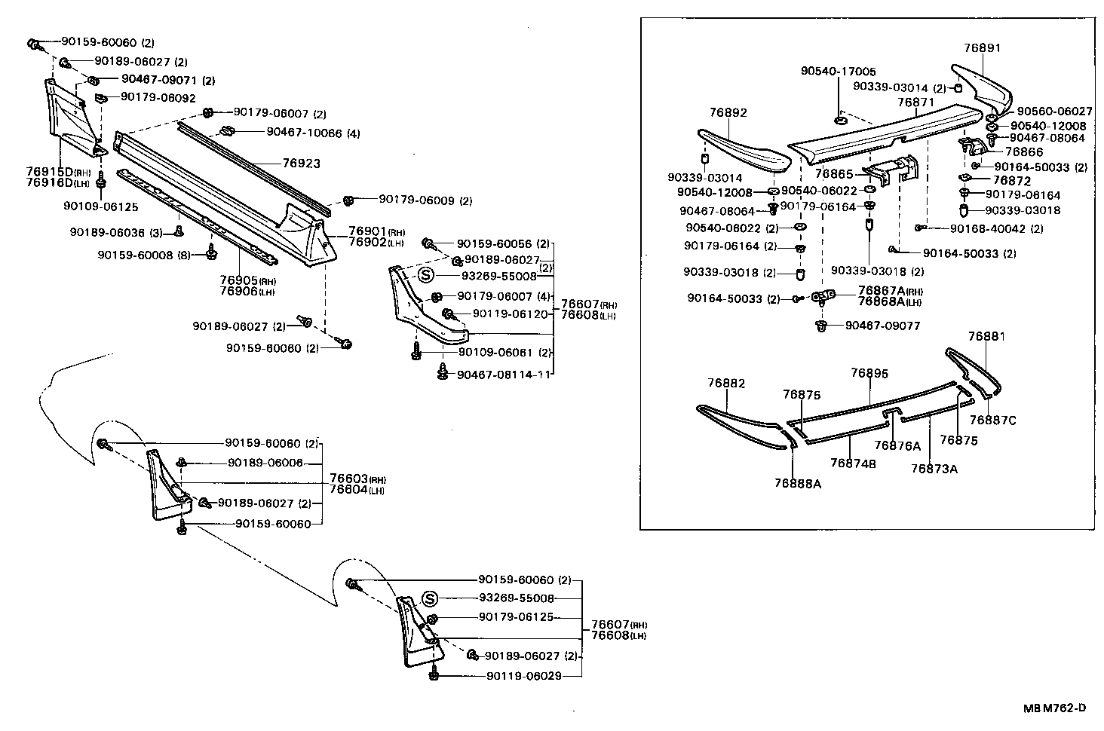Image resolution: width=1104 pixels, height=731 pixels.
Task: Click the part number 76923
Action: click(x=302, y=163)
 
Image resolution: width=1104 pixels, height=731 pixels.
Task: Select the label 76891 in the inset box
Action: click(x=982, y=47)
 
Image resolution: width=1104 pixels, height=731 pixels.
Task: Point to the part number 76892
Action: click(x=728, y=112)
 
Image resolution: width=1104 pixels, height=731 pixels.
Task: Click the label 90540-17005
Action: click(x=838, y=72)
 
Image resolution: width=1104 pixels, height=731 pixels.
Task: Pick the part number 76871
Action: click(x=915, y=101)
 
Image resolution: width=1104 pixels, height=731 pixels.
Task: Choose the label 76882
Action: click(x=726, y=384)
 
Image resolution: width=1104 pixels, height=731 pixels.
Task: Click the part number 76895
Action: click(x=869, y=373)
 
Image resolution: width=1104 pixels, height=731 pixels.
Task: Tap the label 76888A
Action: click(x=797, y=483)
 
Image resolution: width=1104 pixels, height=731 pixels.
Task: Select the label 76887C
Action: click(x=992, y=421)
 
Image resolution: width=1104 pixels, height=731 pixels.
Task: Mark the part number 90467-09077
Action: click(x=877, y=326)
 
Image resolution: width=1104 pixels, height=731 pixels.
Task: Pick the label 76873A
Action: click(x=934, y=468)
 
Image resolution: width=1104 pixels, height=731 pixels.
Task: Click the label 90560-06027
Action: click(x=1054, y=111)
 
